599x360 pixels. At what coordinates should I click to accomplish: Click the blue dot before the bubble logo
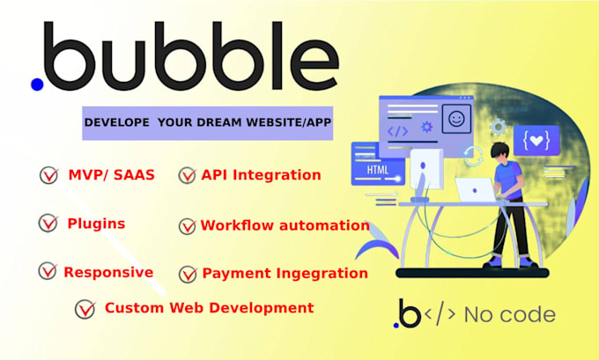click(x=37, y=84)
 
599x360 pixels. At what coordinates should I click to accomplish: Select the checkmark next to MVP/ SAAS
click(x=48, y=176)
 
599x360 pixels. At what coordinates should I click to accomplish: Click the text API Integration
click(x=261, y=174)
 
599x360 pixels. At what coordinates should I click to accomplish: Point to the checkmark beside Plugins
click(x=48, y=224)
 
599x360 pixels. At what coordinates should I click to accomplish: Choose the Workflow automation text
click(x=285, y=225)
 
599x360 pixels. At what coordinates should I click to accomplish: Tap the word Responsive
click(x=108, y=272)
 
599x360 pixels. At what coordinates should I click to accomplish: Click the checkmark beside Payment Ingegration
click(x=188, y=274)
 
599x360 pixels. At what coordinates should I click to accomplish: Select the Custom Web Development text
click(x=209, y=307)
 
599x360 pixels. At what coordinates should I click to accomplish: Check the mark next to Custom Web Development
click(x=85, y=309)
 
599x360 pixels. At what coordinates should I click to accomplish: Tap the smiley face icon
click(x=456, y=117)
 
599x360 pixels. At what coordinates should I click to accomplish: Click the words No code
click(x=509, y=314)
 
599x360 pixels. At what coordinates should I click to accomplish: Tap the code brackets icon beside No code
click(x=440, y=314)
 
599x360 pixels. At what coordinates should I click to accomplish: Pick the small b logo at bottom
click(x=408, y=312)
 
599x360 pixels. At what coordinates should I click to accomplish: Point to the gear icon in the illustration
click(x=427, y=127)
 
